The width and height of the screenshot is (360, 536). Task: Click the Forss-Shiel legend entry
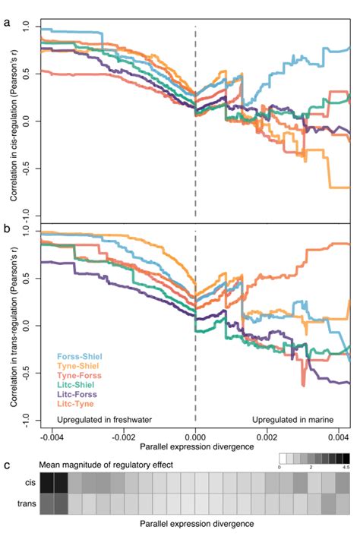(79, 355)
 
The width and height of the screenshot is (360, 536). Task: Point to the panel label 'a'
(7, 23)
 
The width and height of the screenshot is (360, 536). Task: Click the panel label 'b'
(7, 227)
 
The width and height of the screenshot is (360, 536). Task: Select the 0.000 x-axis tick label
(195, 438)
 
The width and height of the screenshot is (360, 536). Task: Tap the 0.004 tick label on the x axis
(337, 438)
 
